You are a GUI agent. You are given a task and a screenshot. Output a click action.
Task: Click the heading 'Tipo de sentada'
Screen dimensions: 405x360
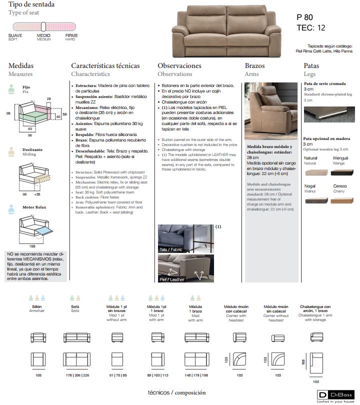[x=31, y=4]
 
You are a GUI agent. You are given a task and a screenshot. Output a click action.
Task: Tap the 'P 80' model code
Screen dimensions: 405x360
[x=306, y=17]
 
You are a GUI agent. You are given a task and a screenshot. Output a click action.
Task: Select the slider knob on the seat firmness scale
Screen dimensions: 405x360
[x=44, y=26]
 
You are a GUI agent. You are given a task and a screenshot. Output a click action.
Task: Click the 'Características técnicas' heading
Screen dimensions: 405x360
[x=108, y=65]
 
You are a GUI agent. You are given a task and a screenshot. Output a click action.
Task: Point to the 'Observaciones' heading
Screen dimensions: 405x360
[x=179, y=65]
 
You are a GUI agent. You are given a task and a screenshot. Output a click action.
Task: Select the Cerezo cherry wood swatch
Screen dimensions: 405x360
[x=345, y=200]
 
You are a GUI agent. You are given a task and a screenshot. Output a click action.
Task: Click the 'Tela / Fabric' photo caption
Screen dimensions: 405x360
[x=170, y=249]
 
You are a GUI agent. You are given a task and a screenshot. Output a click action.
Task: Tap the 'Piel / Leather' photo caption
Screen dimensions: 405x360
[x=172, y=279]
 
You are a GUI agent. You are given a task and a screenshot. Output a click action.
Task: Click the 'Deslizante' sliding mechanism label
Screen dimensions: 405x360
[x=32, y=149]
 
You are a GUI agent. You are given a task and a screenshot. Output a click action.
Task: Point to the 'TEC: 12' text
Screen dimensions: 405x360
[x=310, y=28]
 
